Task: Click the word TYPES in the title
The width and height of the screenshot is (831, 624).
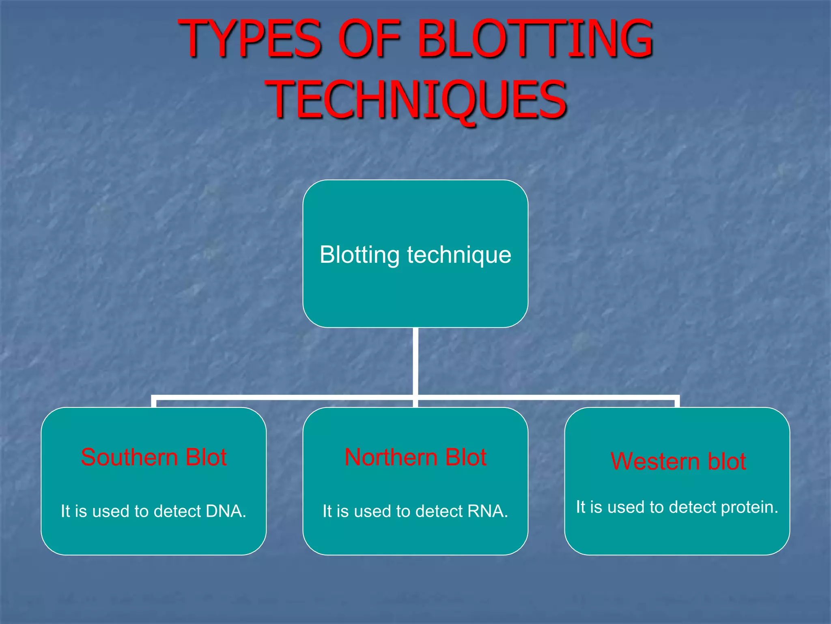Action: [x=250, y=39]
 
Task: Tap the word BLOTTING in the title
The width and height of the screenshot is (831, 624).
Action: [x=535, y=39]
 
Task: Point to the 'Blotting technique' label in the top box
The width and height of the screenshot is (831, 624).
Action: [x=415, y=255]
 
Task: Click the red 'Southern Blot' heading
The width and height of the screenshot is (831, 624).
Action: [x=153, y=457]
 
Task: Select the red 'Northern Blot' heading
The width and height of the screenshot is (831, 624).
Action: [x=415, y=457]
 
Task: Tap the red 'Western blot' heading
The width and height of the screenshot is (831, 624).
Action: [x=678, y=461]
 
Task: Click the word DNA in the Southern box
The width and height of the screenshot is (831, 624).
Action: [x=226, y=511]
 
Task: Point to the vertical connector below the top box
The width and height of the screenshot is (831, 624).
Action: [x=415, y=362]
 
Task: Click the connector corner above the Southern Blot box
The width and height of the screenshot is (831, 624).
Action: [x=154, y=397]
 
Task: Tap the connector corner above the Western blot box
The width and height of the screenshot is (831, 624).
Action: [x=677, y=397]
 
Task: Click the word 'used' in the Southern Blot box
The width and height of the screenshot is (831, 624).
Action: [x=111, y=511]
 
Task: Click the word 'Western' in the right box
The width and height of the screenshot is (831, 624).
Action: [x=655, y=461]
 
